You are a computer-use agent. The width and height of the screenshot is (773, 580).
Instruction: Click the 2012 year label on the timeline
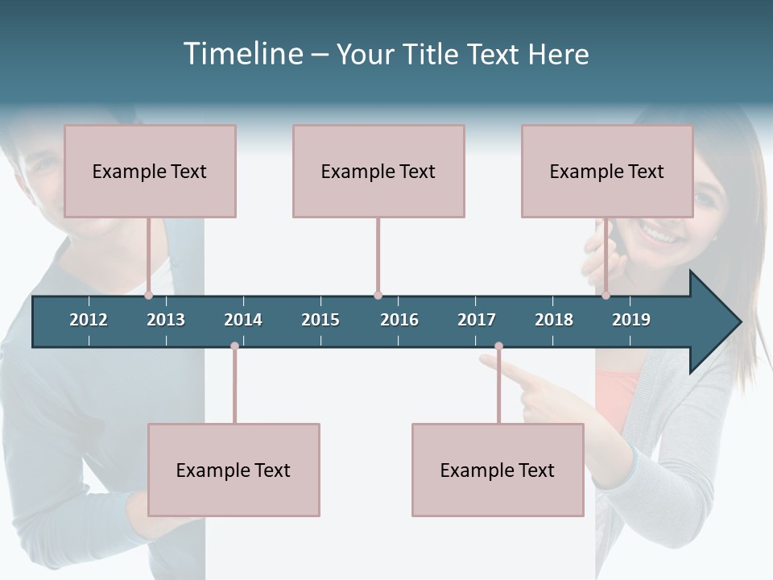pos(89,320)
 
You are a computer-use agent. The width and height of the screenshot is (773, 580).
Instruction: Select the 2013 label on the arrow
pos(166,320)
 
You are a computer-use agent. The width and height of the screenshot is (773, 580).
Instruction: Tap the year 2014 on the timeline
pos(243,320)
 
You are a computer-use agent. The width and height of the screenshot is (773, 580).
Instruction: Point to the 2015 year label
pos(320,320)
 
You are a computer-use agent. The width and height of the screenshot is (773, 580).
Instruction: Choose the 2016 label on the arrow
pos(399,320)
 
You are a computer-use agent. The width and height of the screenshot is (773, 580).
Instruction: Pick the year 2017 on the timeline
pos(477,320)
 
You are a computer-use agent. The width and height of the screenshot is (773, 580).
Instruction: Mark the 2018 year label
pos(554,320)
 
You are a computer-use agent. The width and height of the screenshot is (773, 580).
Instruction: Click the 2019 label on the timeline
pos(631,320)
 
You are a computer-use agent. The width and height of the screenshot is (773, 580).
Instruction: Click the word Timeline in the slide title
pos(242,54)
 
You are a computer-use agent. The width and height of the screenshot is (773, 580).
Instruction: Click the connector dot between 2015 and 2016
pos(378,296)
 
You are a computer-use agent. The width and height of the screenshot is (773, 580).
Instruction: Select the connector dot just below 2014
pos(234,346)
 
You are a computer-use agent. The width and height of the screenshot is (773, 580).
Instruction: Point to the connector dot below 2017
pos(498,346)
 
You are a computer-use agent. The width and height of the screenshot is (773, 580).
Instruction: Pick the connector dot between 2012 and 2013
pos(149,296)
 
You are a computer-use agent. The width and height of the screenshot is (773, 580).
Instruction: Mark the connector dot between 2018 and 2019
pos(606,296)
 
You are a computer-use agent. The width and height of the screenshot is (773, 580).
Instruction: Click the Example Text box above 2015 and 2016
pos(378,171)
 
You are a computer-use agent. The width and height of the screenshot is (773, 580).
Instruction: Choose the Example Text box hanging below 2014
pos(234,470)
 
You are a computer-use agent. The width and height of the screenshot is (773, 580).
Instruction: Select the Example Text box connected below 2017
pos(498,470)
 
